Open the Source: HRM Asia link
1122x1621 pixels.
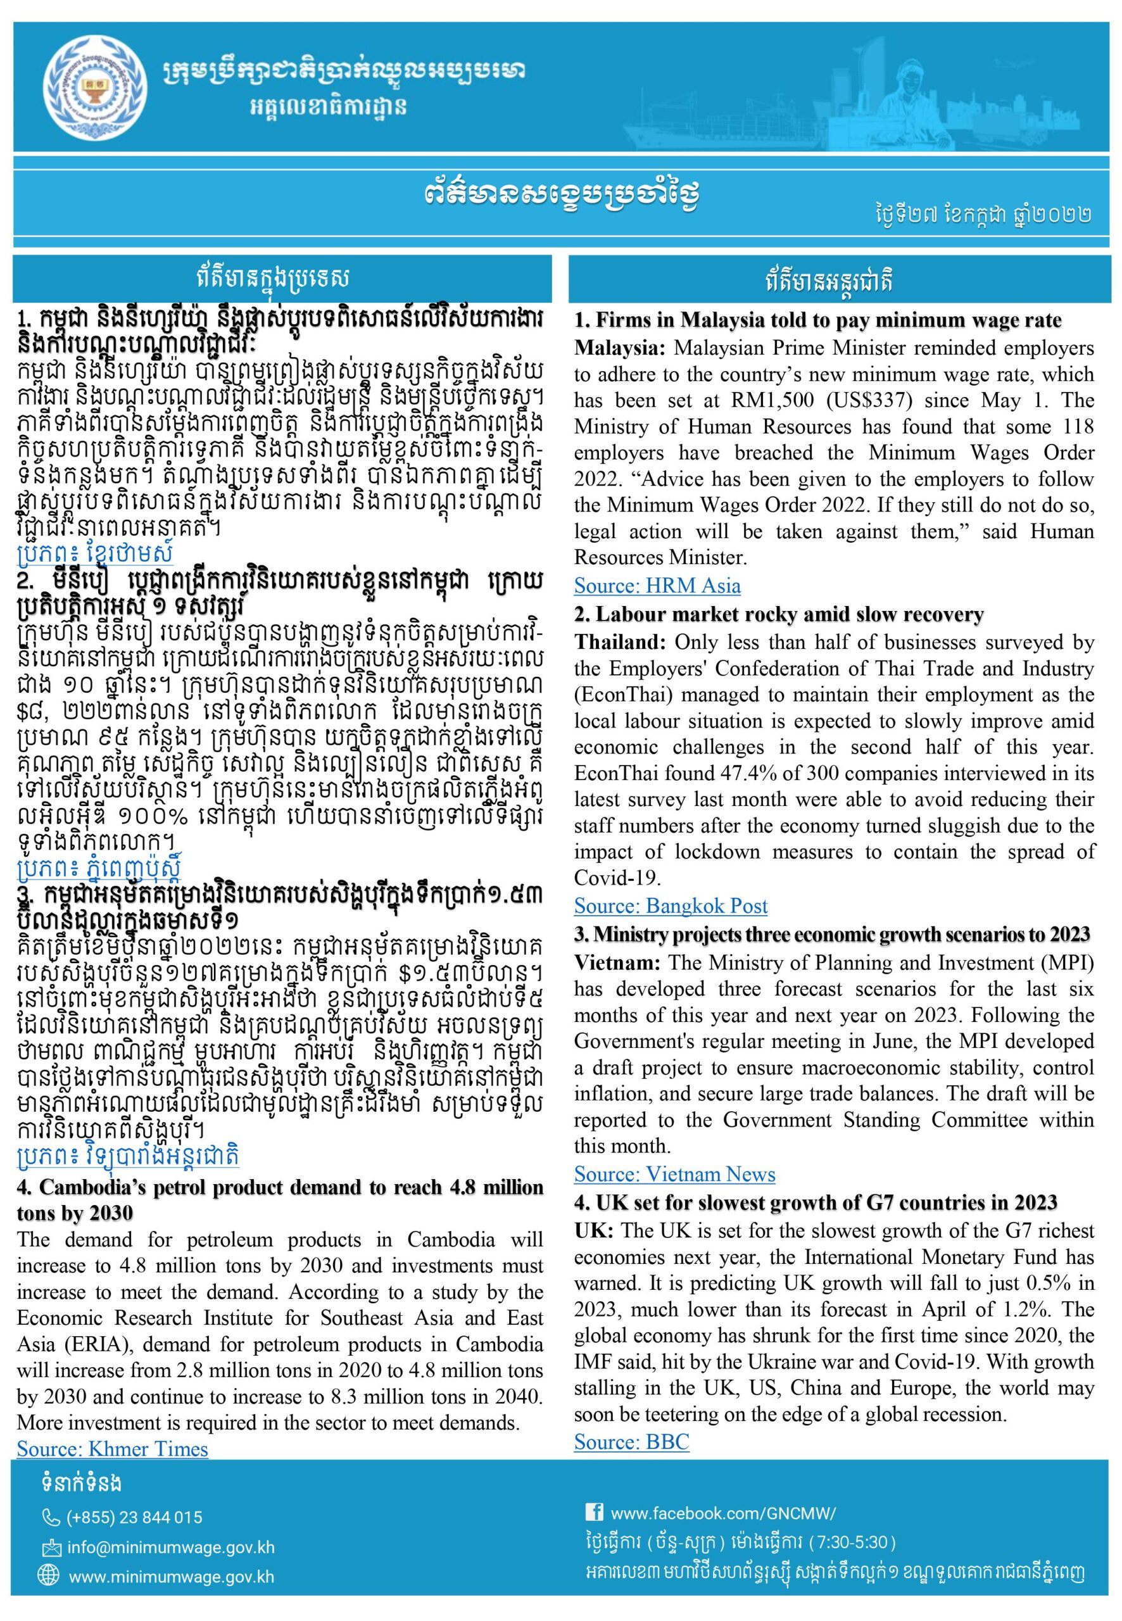[657, 586]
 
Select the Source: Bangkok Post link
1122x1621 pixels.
[670, 905]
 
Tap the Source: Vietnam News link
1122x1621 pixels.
[674, 1173]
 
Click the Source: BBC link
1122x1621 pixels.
[631, 1442]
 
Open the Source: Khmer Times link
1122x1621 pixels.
[113, 1449]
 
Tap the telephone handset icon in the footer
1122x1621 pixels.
[51, 1517]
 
